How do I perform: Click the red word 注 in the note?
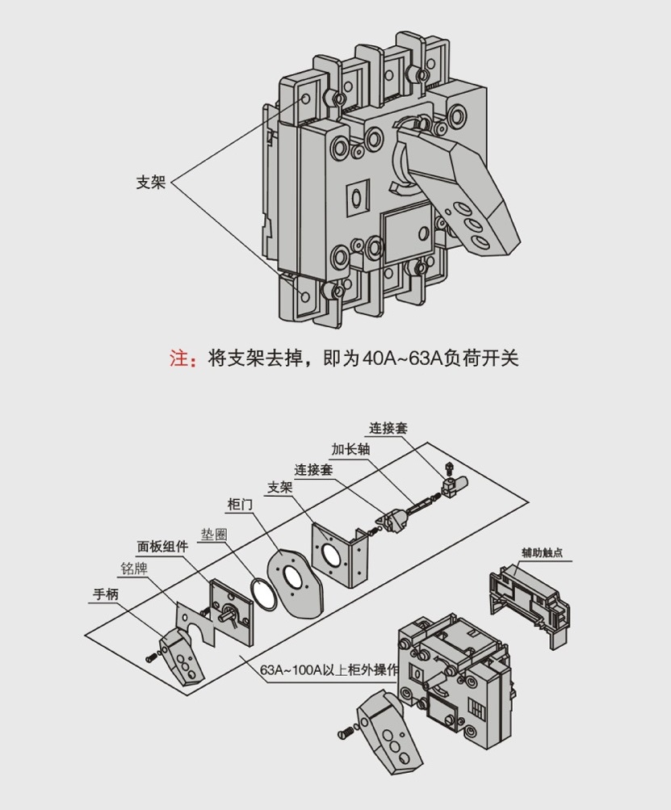178,359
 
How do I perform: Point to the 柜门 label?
240,504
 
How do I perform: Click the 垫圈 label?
214,533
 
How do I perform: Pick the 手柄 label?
106,595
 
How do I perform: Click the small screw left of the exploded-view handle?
151,658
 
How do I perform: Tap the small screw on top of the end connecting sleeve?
449,468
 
